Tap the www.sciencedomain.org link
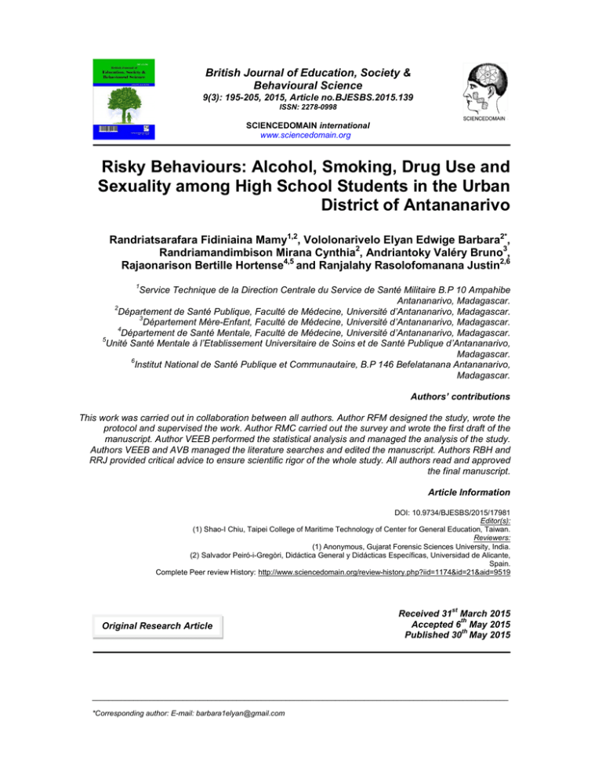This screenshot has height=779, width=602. point(302,135)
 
